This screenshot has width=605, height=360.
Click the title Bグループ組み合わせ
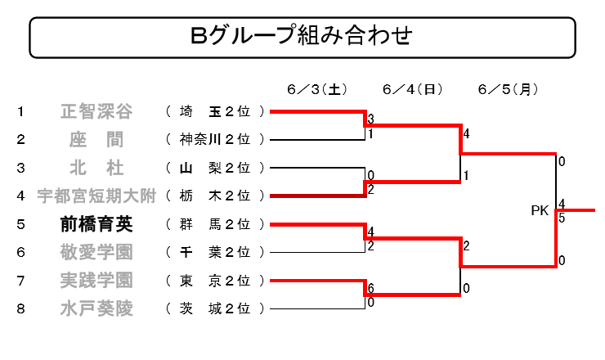(x=302, y=35)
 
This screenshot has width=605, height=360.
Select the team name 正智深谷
(x=96, y=111)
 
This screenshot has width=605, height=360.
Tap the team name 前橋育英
(x=96, y=224)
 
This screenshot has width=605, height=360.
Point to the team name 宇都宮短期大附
(x=96, y=196)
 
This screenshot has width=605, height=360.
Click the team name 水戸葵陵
(x=96, y=309)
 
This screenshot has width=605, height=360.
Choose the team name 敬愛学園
(x=96, y=253)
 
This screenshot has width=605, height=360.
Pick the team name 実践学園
(x=96, y=281)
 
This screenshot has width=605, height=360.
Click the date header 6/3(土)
(x=317, y=90)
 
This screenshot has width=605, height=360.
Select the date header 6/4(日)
(x=413, y=90)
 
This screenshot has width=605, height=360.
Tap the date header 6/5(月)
(x=508, y=90)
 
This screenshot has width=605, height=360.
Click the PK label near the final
(x=540, y=211)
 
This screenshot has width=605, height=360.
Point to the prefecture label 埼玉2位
(x=214, y=111)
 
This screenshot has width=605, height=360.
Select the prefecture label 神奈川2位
(x=214, y=139)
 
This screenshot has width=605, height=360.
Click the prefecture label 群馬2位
(x=214, y=224)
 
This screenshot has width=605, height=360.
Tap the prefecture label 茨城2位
(x=214, y=309)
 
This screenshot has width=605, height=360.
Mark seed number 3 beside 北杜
(x=20, y=168)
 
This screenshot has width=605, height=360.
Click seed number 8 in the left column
(x=20, y=309)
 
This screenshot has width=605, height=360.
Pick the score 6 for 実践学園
(x=371, y=288)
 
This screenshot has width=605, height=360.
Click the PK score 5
(x=562, y=218)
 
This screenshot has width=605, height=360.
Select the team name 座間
(x=96, y=140)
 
